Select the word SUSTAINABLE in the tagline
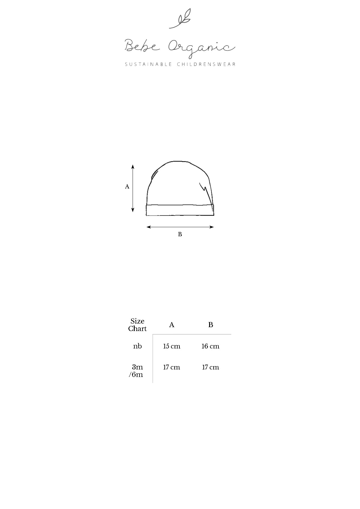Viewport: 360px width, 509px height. [148, 64]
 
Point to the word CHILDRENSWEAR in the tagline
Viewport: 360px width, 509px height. [206, 64]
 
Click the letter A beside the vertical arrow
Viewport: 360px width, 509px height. [127, 187]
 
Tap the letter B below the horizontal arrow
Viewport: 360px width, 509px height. [180, 234]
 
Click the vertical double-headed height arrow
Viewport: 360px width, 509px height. [133, 188]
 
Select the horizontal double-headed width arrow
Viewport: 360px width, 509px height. [180, 227]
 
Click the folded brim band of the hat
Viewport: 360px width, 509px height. [180, 210]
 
